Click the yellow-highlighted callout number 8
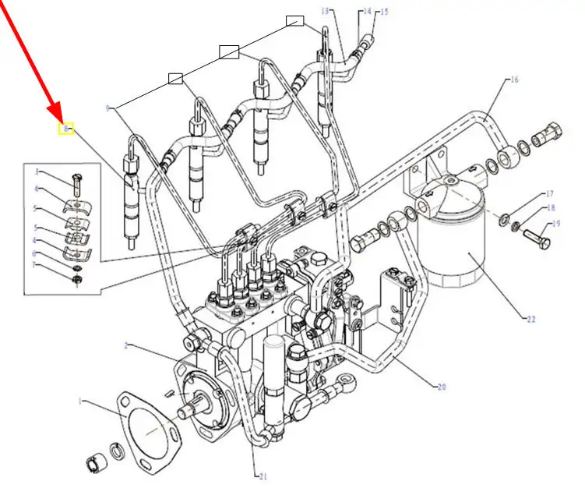point(67,128)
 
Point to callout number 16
point(514,80)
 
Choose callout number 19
point(555,224)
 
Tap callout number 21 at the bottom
point(263,476)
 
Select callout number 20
point(442,387)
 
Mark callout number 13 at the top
point(325,11)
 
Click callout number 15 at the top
point(382,12)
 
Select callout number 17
point(548,193)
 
